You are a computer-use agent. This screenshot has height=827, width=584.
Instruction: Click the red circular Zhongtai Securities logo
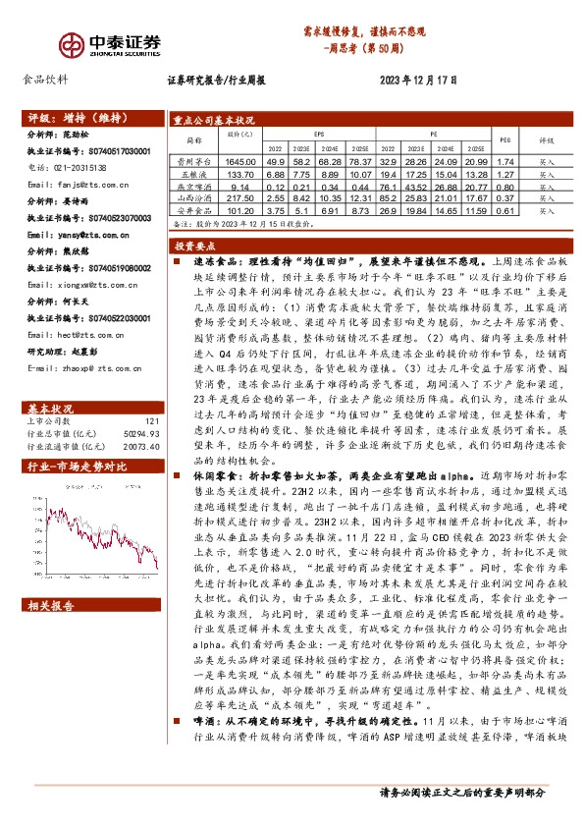tap(71, 43)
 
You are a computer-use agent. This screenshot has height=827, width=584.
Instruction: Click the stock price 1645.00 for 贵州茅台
tap(239, 161)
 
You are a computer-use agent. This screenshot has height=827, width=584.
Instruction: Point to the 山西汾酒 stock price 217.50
tap(239, 196)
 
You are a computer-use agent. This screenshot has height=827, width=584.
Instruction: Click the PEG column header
tap(505, 138)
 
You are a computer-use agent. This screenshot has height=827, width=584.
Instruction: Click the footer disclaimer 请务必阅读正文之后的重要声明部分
tap(475, 818)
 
